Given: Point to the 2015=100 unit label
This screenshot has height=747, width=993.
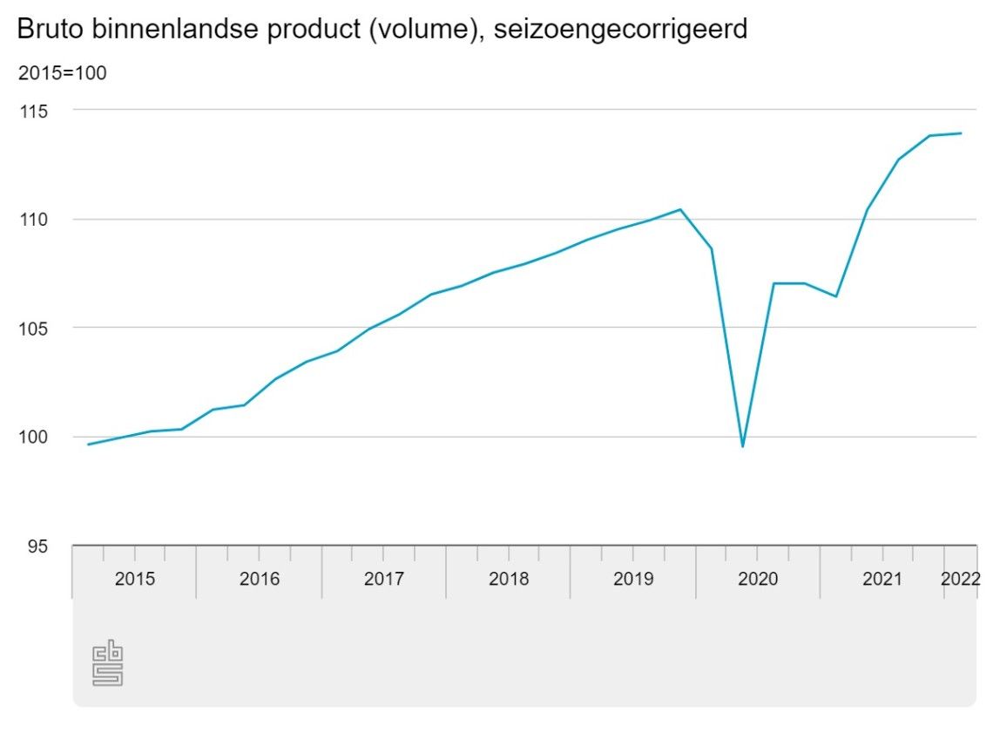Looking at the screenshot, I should (x=62, y=73).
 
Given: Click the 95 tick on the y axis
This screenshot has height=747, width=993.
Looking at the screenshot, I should (x=38, y=547).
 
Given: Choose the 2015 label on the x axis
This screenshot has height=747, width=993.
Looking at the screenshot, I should (x=135, y=579).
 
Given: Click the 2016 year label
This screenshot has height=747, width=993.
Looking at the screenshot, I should (x=260, y=579).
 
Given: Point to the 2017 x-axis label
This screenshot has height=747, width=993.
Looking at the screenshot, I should (x=384, y=579).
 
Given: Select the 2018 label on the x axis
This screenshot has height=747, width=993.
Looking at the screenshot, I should (x=509, y=579).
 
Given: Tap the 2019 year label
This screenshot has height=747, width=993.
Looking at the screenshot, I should (x=633, y=579).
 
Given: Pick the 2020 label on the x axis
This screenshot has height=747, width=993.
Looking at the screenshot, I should (x=758, y=579).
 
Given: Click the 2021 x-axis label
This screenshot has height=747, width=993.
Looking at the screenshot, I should (x=882, y=579).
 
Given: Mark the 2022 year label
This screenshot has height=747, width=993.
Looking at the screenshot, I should (x=961, y=579).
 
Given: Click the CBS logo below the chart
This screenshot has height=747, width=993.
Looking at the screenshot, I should (x=107, y=664).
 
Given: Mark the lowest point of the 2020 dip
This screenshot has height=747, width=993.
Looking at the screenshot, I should (x=742, y=446).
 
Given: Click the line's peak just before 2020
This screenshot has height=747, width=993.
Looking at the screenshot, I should (x=680, y=209).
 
